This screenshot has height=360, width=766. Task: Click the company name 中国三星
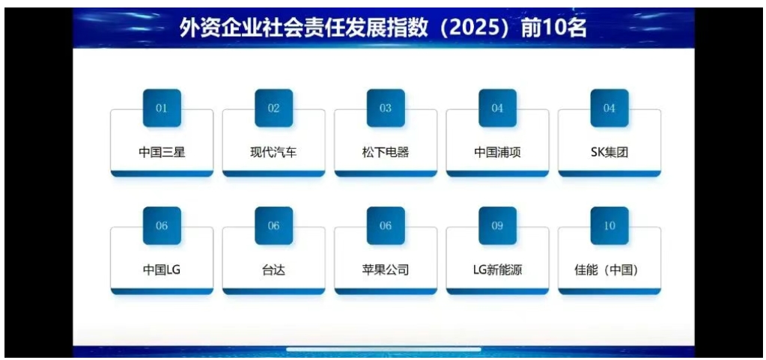[x=162, y=153]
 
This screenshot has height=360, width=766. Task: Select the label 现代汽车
[x=273, y=153]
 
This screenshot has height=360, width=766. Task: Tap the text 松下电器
[x=386, y=153]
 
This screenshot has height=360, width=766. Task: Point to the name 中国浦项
[x=497, y=153]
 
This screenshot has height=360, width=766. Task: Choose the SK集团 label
[x=610, y=153]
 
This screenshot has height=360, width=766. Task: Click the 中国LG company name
[x=162, y=269]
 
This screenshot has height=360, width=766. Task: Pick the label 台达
[x=273, y=269]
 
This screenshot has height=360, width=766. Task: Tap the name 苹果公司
[x=386, y=269]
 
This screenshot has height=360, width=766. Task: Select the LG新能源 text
[x=497, y=269]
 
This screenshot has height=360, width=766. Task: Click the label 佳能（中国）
[x=610, y=269]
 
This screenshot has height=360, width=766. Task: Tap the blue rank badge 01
[x=162, y=108]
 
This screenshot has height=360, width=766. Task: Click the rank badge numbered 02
[x=273, y=108]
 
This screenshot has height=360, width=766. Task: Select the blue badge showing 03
[x=386, y=108]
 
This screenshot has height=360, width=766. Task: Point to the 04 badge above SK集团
[x=610, y=108]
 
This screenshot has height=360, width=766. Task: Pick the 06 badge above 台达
[x=273, y=226]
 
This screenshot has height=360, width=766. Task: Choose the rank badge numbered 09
[x=497, y=226]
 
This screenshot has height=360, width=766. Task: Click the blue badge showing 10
[x=610, y=226]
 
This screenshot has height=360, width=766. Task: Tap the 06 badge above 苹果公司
[x=386, y=226]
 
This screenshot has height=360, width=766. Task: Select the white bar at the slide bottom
[x=383, y=350]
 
